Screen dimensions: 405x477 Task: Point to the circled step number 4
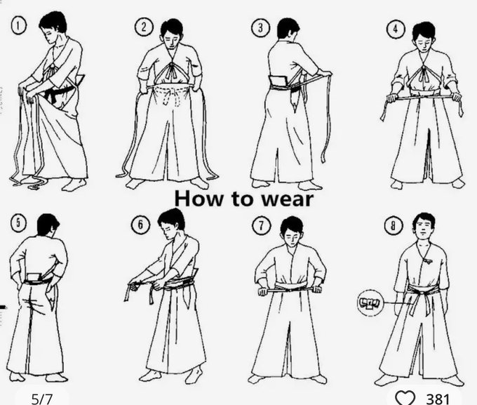pos(395,29)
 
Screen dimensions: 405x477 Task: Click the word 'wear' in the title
pos(281,199)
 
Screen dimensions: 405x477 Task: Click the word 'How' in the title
pos(197,199)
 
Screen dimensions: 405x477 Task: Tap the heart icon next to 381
pos(405,398)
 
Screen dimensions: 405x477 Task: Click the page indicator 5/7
pos(42,398)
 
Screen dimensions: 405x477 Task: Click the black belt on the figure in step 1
pos(60,91)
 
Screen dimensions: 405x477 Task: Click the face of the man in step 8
pos(424,228)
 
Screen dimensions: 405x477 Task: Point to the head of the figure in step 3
pos(288,29)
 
